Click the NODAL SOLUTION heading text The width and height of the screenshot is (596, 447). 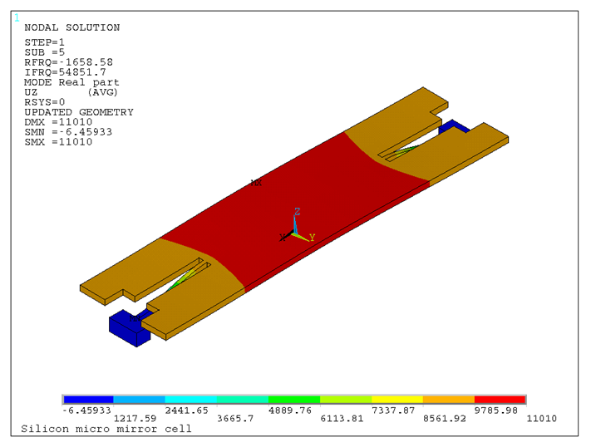[72, 27]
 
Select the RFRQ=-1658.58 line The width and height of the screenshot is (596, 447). [69, 62]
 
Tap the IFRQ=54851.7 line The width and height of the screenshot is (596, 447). [66, 72]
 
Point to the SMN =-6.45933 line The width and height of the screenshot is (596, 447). [68, 132]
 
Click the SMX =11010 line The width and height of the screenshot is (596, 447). [58, 142]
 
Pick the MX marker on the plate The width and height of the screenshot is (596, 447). [256, 183]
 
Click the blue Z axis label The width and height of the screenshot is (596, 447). [298, 212]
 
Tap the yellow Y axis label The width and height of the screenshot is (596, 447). [312, 238]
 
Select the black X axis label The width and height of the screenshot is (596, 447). [283, 238]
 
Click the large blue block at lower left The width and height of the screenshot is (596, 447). [129, 328]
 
